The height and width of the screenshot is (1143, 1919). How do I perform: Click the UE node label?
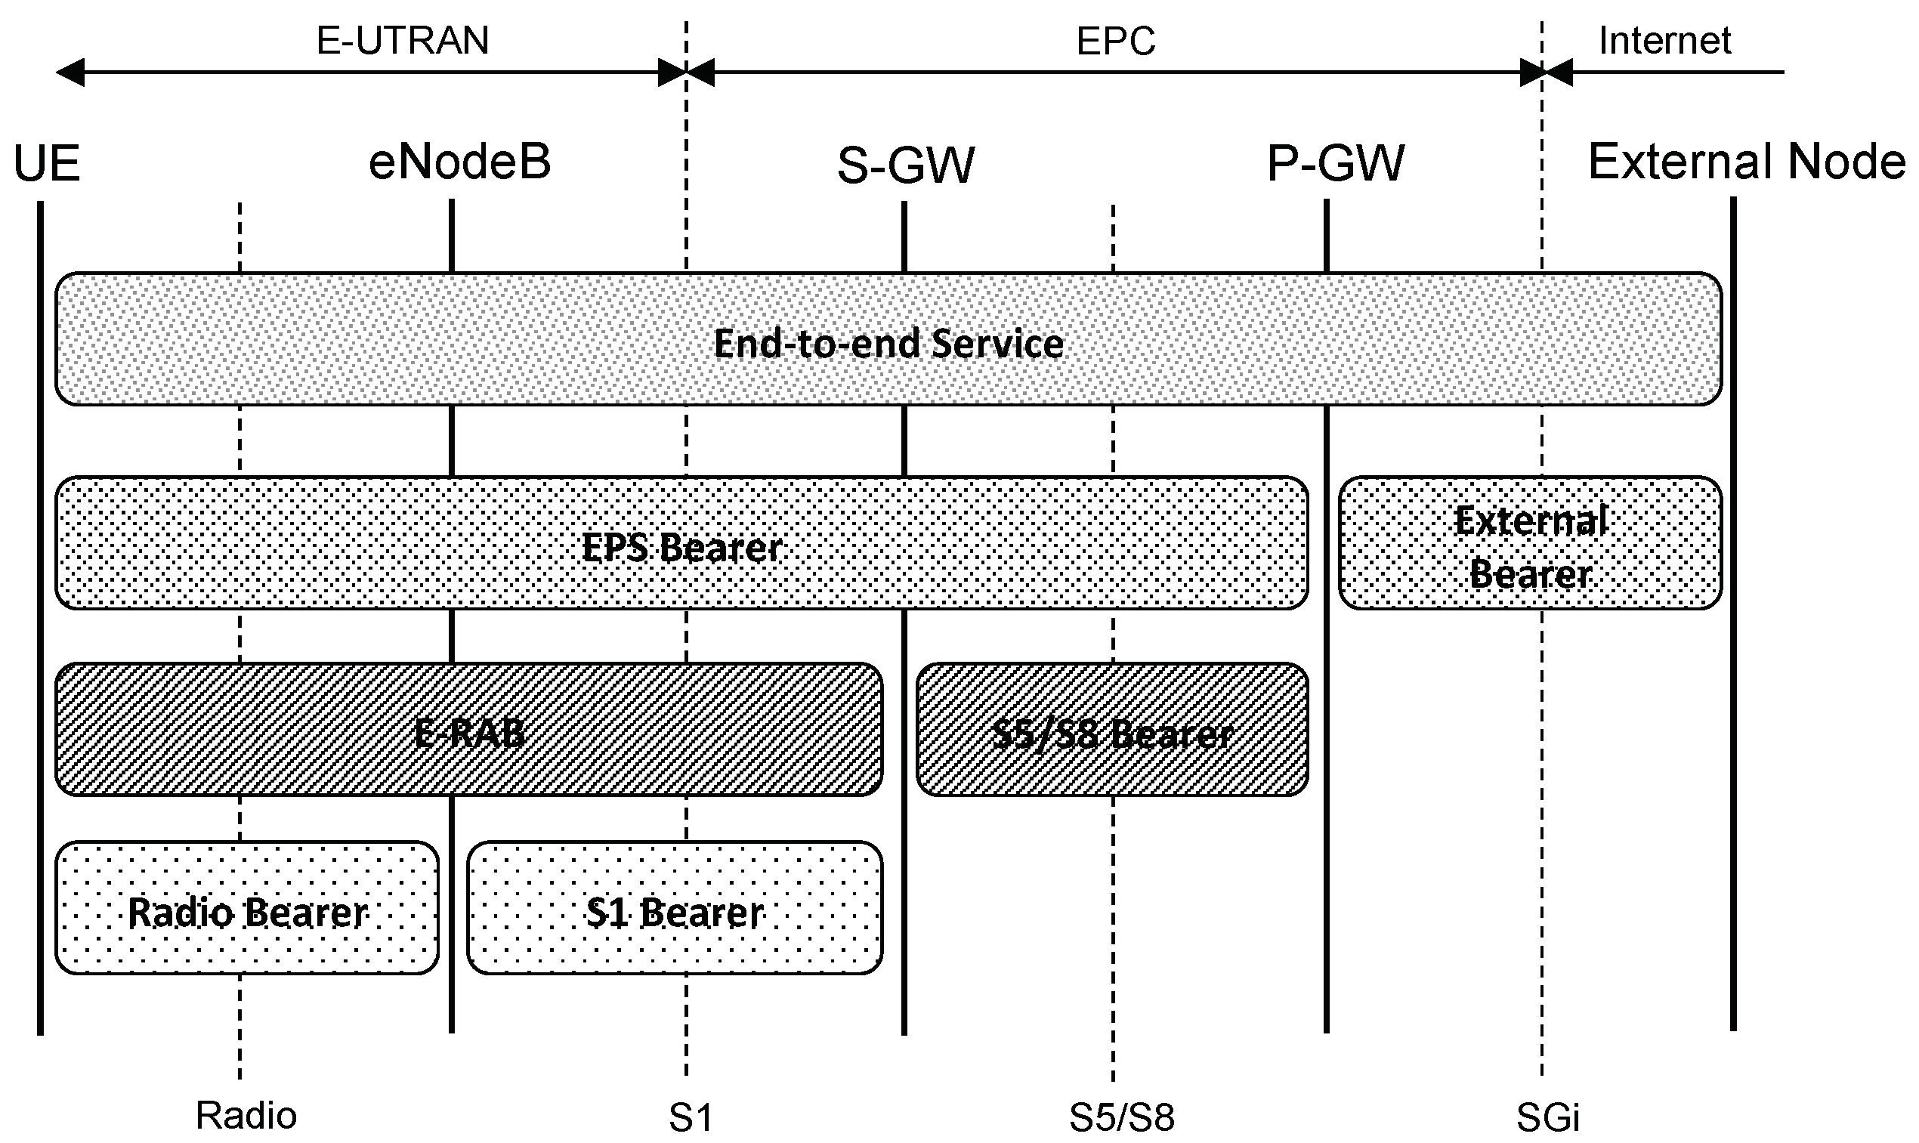[46, 164]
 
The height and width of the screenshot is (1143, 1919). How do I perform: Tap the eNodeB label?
[459, 162]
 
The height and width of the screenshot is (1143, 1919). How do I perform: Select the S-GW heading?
[906, 165]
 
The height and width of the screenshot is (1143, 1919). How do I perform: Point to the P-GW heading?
[1335, 163]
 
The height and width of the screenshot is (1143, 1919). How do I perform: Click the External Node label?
[1747, 162]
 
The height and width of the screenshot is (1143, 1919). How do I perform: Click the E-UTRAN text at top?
[403, 40]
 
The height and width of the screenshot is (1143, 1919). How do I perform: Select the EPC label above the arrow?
[1115, 41]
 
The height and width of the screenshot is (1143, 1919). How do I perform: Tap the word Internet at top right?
[1664, 40]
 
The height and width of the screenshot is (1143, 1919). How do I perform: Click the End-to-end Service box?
[888, 340]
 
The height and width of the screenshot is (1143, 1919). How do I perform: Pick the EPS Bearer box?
[681, 544]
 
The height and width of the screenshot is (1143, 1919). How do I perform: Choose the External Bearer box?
[1529, 544]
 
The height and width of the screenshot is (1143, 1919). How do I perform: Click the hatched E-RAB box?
[468, 731]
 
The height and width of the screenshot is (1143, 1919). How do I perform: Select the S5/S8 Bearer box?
[1112, 731]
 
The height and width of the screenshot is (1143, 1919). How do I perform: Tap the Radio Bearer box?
[247, 909]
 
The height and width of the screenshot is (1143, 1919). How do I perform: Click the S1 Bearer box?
[675, 909]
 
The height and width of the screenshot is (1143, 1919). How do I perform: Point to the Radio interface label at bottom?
[246, 1115]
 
